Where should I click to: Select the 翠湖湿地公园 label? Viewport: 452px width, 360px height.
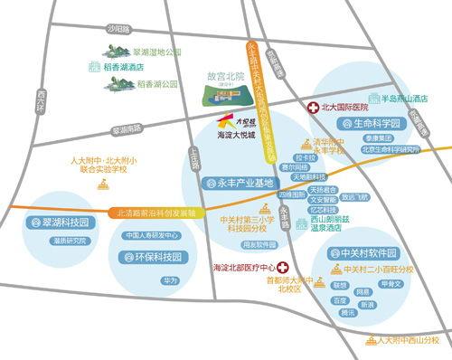tap(144, 53)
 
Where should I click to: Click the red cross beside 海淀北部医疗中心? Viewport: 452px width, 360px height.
tap(282, 268)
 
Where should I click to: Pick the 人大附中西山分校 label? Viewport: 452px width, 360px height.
tap(408, 342)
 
